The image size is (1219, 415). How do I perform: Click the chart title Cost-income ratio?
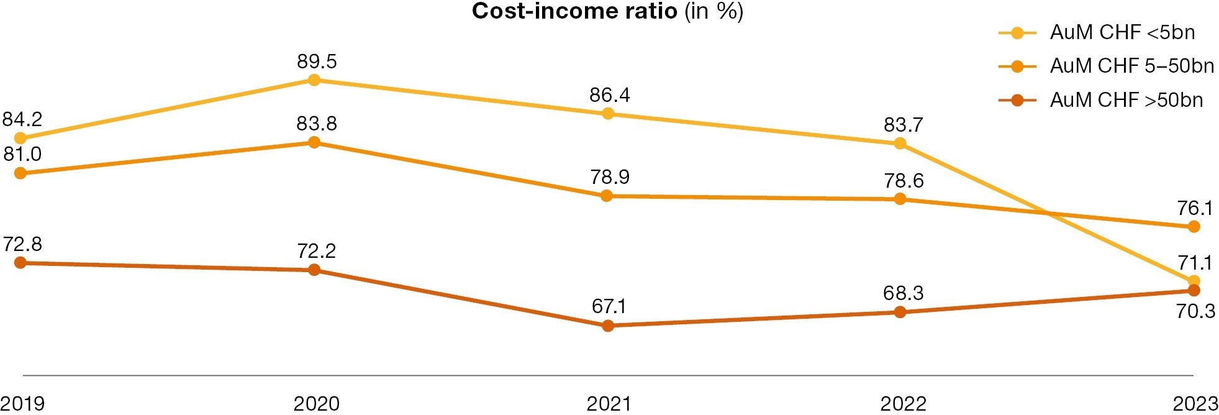tap(607, 12)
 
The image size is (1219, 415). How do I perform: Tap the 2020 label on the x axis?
tap(316, 404)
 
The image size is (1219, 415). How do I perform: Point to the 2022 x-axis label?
tap(903, 404)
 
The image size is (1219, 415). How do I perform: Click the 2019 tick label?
tap(22, 404)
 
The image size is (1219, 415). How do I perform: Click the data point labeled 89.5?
tap(314, 80)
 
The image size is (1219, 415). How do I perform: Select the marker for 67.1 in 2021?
tap(608, 326)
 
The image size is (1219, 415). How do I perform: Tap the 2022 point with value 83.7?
tap(900, 144)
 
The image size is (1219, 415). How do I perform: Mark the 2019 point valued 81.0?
tap(20, 173)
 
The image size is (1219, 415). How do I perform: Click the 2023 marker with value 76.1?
tap(1194, 227)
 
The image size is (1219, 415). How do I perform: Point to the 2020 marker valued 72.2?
tap(314, 270)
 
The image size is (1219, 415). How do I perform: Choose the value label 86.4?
tap(609, 95)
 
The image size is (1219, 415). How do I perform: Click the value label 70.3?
tap(1195, 311)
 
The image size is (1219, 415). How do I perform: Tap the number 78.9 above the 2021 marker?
tap(609, 178)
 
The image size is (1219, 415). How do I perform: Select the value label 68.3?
tap(903, 293)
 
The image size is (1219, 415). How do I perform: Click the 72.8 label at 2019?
tap(22, 244)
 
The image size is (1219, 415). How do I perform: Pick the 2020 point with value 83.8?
tap(314, 143)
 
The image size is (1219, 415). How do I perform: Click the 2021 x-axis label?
tap(609, 404)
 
